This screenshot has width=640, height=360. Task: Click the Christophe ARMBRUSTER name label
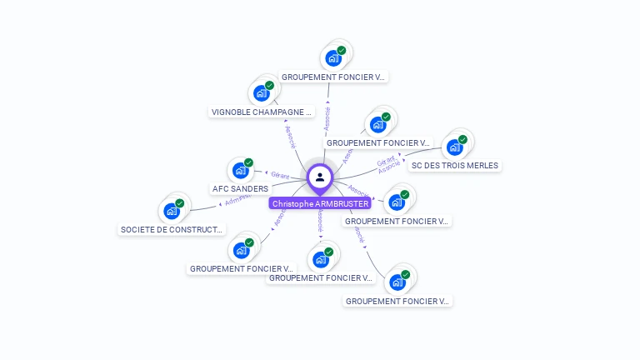click(x=320, y=203)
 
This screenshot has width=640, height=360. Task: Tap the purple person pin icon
click(x=320, y=177)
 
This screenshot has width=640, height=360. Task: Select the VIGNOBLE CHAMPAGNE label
click(x=262, y=112)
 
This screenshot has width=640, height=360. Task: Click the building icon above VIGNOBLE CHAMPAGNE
click(x=262, y=93)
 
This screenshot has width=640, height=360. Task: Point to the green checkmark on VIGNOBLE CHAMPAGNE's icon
click(x=270, y=85)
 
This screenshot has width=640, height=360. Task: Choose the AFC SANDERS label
click(x=241, y=189)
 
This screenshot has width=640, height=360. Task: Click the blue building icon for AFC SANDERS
click(x=241, y=171)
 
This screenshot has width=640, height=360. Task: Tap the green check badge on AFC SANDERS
click(x=249, y=162)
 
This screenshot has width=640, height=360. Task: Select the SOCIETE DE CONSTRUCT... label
click(x=172, y=229)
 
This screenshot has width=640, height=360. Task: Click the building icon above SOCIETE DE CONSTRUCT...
click(x=172, y=211)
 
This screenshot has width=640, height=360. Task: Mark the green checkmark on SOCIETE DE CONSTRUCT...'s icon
click(x=180, y=202)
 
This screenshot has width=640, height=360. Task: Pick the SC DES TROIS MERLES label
click(x=454, y=166)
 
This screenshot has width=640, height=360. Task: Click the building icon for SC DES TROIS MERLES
click(x=454, y=147)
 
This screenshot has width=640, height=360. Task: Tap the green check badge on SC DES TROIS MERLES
click(x=462, y=139)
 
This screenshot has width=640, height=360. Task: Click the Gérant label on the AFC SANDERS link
click(x=280, y=175)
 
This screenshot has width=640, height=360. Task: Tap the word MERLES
click(x=482, y=166)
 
